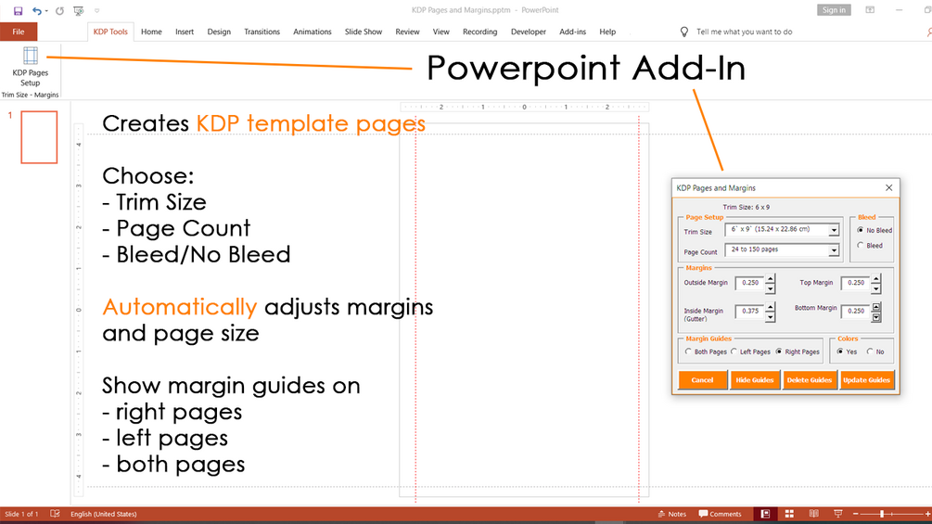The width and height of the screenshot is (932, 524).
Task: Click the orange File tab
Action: click(x=19, y=32)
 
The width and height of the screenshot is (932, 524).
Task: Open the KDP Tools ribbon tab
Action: click(x=110, y=32)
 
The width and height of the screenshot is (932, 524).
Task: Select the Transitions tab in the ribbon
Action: click(x=262, y=32)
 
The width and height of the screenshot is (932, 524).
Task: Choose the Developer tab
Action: click(x=528, y=32)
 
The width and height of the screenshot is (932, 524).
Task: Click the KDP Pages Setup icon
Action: click(x=31, y=56)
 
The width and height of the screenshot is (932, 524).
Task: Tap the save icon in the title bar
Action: click(x=18, y=10)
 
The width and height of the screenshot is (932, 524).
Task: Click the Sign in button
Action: click(x=834, y=10)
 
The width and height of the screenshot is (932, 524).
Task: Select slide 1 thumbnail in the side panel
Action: click(x=39, y=136)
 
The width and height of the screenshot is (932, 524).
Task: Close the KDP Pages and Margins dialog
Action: click(x=888, y=187)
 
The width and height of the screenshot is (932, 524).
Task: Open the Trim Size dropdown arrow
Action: click(x=834, y=230)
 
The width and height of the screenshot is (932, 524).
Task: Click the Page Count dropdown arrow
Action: click(x=834, y=250)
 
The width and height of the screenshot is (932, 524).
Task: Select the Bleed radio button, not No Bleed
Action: click(x=860, y=246)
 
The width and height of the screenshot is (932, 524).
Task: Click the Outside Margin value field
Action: click(x=749, y=283)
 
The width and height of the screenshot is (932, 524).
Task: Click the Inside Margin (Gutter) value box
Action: click(x=749, y=312)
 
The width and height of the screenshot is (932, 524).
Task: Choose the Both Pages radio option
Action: click(x=688, y=351)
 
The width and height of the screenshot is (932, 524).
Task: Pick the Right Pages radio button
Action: click(x=779, y=351)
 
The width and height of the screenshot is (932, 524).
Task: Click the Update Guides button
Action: click(x=866, y=380)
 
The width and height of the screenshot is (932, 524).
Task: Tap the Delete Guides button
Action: click(x=809, y=380)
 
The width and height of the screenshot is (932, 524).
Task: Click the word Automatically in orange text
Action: click(x=180, y=308)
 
